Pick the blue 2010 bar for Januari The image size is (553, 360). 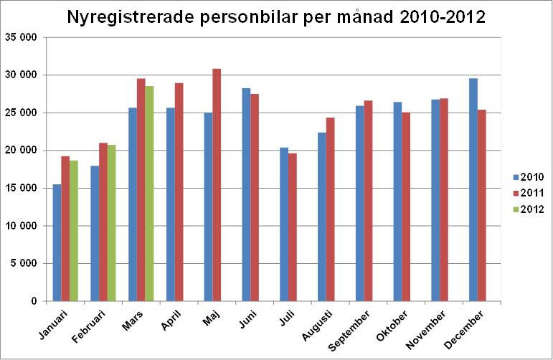click(56, 243)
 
